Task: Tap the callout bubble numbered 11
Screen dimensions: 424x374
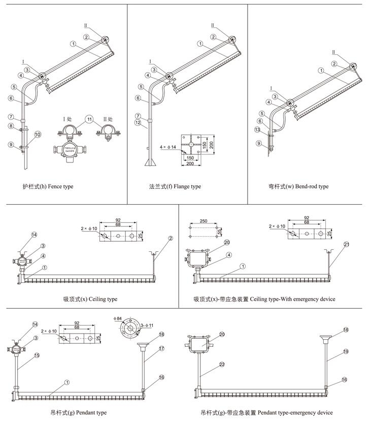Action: click(x=90, y=120)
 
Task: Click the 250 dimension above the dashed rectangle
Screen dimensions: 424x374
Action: click(x=202, y=222)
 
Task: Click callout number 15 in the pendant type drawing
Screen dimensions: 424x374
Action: click(x=37, y=355)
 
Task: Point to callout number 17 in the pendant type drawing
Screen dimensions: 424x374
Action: click(x=161, y=348)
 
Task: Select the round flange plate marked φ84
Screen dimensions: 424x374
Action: click(x=130, y=330)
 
